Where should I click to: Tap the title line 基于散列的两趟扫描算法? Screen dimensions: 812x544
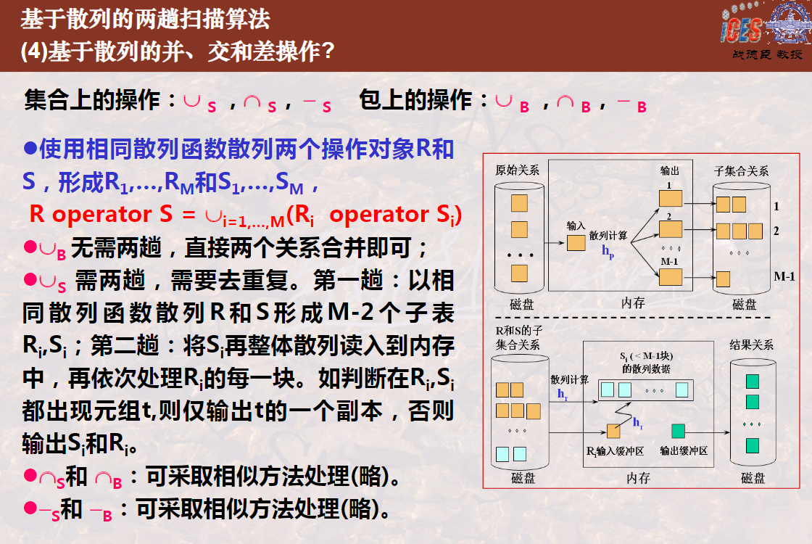[146, 19]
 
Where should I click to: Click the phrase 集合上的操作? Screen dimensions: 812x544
[91, 99]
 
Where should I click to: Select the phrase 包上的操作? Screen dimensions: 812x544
[415, 99]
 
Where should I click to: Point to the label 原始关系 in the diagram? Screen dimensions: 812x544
[517, 170]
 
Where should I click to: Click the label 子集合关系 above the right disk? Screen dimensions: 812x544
[741, 170]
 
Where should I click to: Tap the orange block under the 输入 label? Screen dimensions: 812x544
[576, 242]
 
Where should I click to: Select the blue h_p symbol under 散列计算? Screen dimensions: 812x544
[608, 252]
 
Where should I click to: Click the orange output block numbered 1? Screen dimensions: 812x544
[671, 198]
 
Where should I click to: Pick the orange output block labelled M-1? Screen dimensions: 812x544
[671, 276]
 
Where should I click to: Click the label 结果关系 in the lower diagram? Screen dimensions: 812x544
[751, 345]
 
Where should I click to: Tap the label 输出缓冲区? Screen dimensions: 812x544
[684, 450]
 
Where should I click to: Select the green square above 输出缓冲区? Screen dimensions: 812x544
[678, 431]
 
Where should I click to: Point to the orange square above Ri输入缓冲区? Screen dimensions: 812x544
[613, 431]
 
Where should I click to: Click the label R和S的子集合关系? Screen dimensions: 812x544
[518, 337]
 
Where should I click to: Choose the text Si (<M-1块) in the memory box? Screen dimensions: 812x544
[646, 356]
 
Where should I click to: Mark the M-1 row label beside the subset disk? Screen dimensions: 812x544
[784, 276]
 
